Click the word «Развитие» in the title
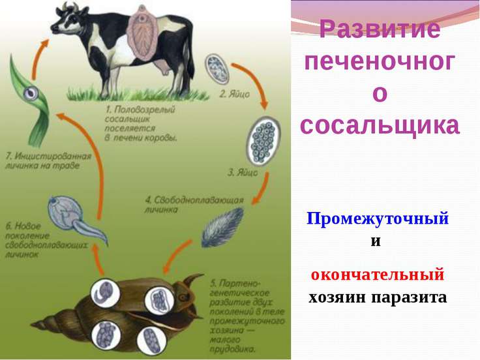coord(380,29)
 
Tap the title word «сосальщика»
coord(380,125)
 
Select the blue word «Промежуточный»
coord(378,218)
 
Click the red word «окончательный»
coord(378,274)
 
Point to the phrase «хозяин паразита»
coord(378,297)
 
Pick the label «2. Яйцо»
coord(235,94)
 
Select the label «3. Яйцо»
coord(243,173)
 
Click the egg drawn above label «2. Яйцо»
coord(217,69)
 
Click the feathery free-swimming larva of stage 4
coord(222,227)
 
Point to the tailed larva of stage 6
coord(76,220)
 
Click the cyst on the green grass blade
coord(31,93)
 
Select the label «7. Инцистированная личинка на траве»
coord(48,161)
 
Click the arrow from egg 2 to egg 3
coord(255,81)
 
